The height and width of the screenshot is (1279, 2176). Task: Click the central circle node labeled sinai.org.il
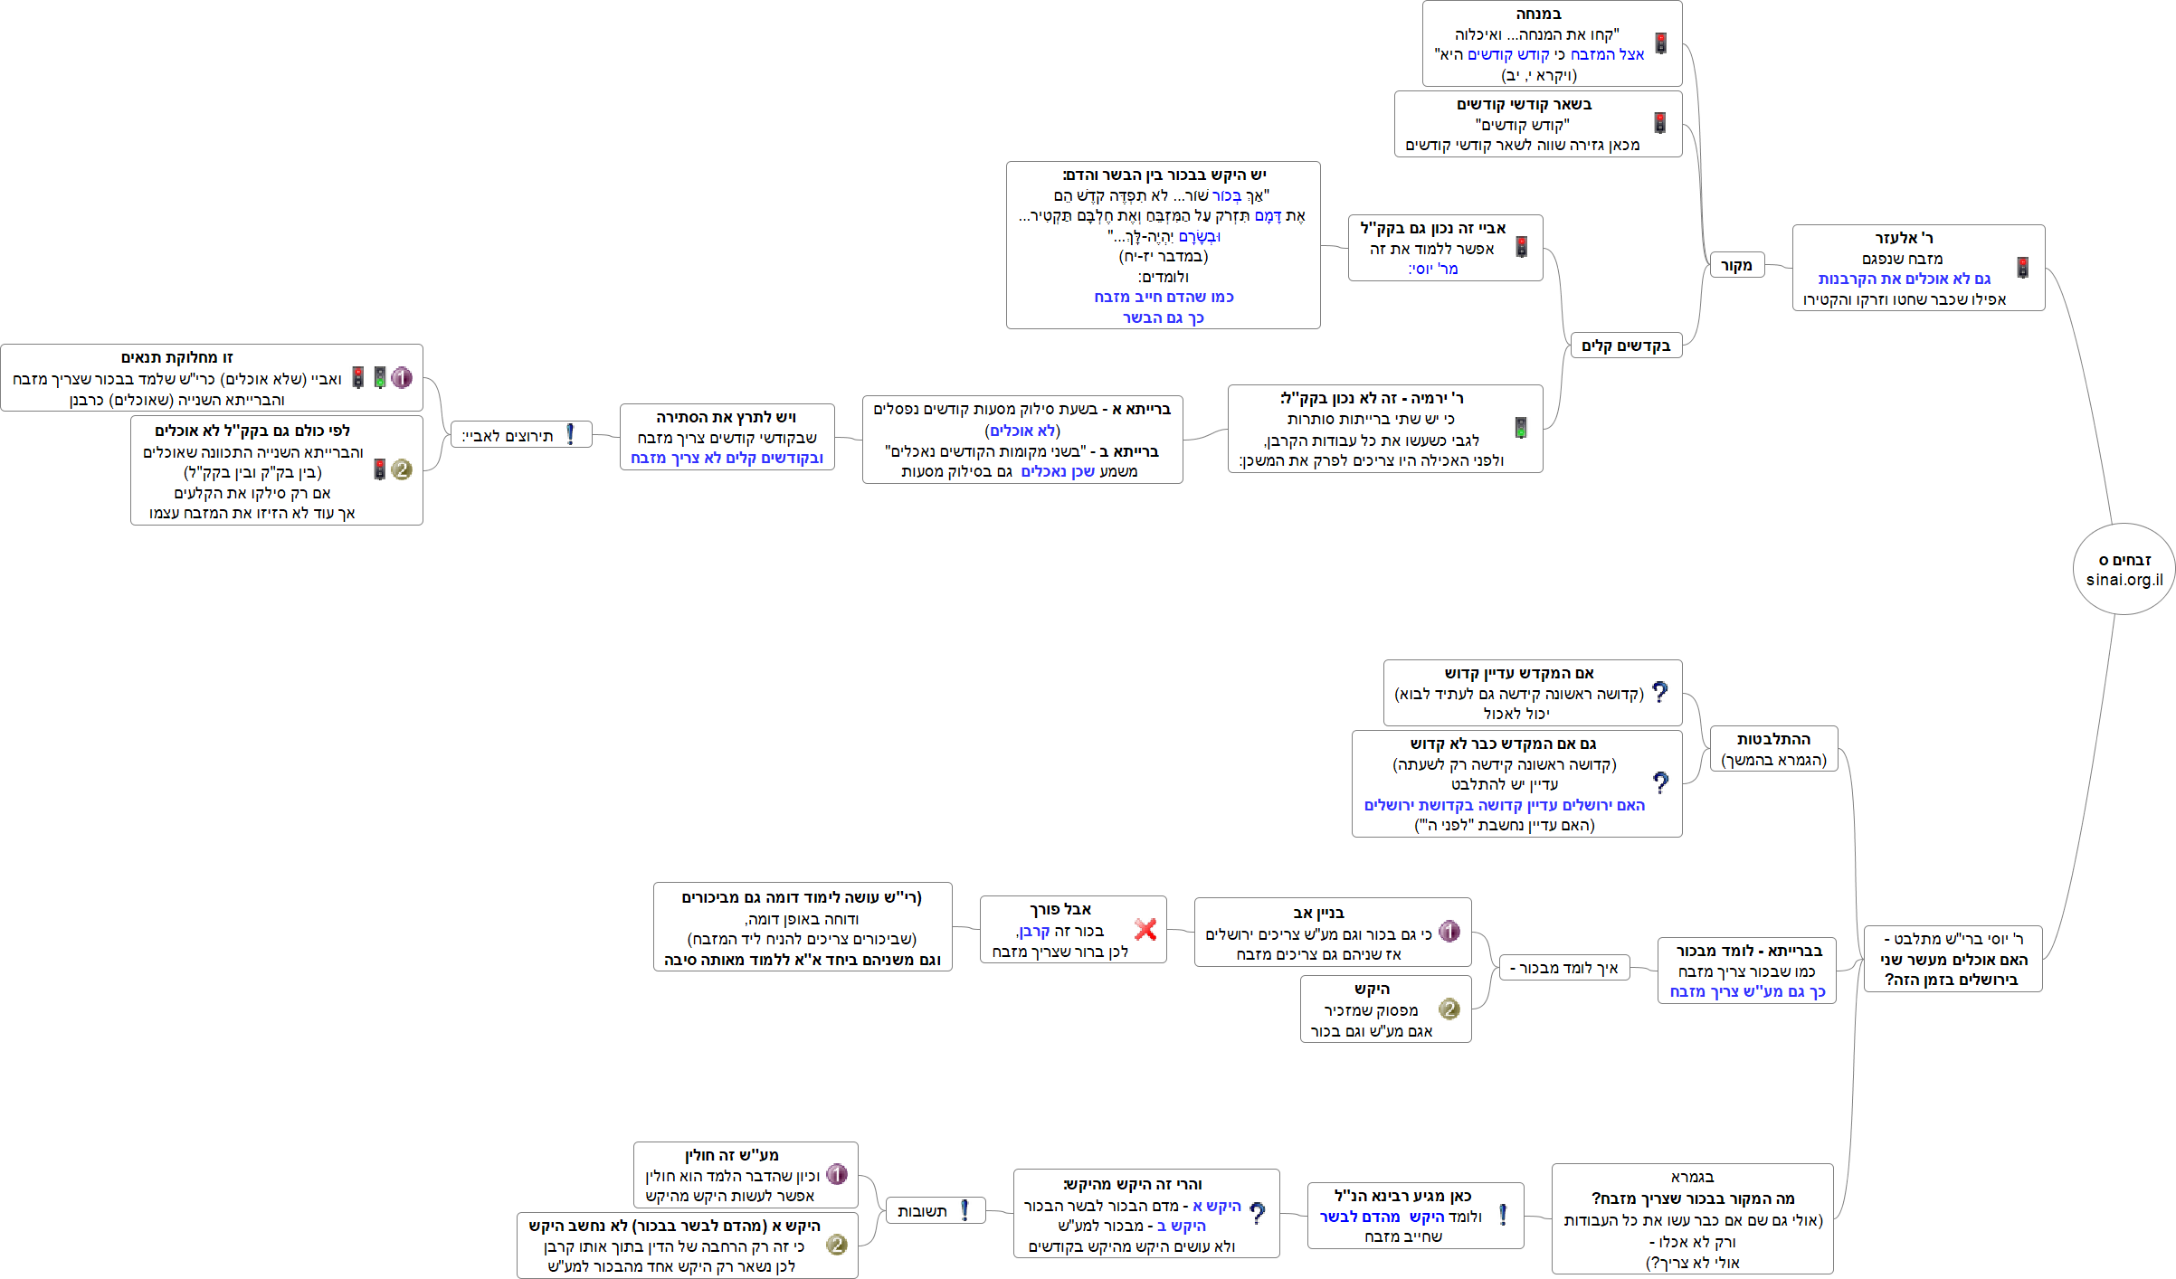click(2124, 570)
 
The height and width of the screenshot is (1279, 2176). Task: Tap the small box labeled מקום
click(1736, 265)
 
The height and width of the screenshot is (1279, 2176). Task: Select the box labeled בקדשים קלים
click(1625, 346)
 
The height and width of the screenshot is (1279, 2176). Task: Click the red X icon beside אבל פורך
click(1145, 929)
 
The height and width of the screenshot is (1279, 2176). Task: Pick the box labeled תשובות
click(933, 1211)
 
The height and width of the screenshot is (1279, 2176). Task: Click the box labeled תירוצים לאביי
click(521, 435)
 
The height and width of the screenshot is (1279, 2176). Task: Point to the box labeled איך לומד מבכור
click(1564, 968)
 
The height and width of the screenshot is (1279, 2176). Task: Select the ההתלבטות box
click(1773, 749)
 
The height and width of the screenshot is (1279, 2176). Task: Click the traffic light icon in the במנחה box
click(1661, 43)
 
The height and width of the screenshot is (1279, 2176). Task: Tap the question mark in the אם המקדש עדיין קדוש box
click(1659, 692)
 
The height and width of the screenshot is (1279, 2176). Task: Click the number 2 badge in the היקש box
click(1449, 1009)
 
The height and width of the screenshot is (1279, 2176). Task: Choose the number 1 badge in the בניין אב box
click(1449, 932)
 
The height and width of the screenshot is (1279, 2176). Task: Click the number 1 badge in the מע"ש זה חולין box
click(837, 1174)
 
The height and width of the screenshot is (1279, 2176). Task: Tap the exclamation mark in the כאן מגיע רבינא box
click(1503, 1215)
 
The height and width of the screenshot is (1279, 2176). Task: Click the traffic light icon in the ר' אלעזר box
click(2022, 268)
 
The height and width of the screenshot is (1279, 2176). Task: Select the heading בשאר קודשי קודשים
click(1524, 104)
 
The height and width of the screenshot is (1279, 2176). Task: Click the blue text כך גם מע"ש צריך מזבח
click(1747, 991)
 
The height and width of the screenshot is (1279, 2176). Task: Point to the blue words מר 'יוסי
click(1433, 269)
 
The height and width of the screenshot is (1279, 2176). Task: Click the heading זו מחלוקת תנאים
click(177, 357)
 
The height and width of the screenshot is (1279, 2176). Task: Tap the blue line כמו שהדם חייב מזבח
click(1164, 297)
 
